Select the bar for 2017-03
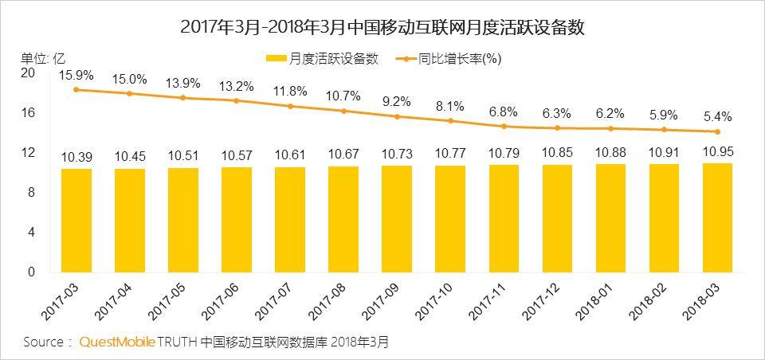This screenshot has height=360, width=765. coord(76,221)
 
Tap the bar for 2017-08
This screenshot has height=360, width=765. coord(343,219)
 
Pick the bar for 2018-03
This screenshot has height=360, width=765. coord(716,217)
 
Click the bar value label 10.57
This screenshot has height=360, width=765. coord(237,154)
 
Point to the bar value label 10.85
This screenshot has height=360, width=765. coord(556,151)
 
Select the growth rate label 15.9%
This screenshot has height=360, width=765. coord(76,76)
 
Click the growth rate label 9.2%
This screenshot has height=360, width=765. coord(397,102)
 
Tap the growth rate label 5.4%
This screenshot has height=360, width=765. coord(716,117)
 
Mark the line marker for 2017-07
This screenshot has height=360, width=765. coord(290,106)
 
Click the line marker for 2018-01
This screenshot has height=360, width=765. coord(610,128)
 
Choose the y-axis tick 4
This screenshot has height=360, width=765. coord(32,233)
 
